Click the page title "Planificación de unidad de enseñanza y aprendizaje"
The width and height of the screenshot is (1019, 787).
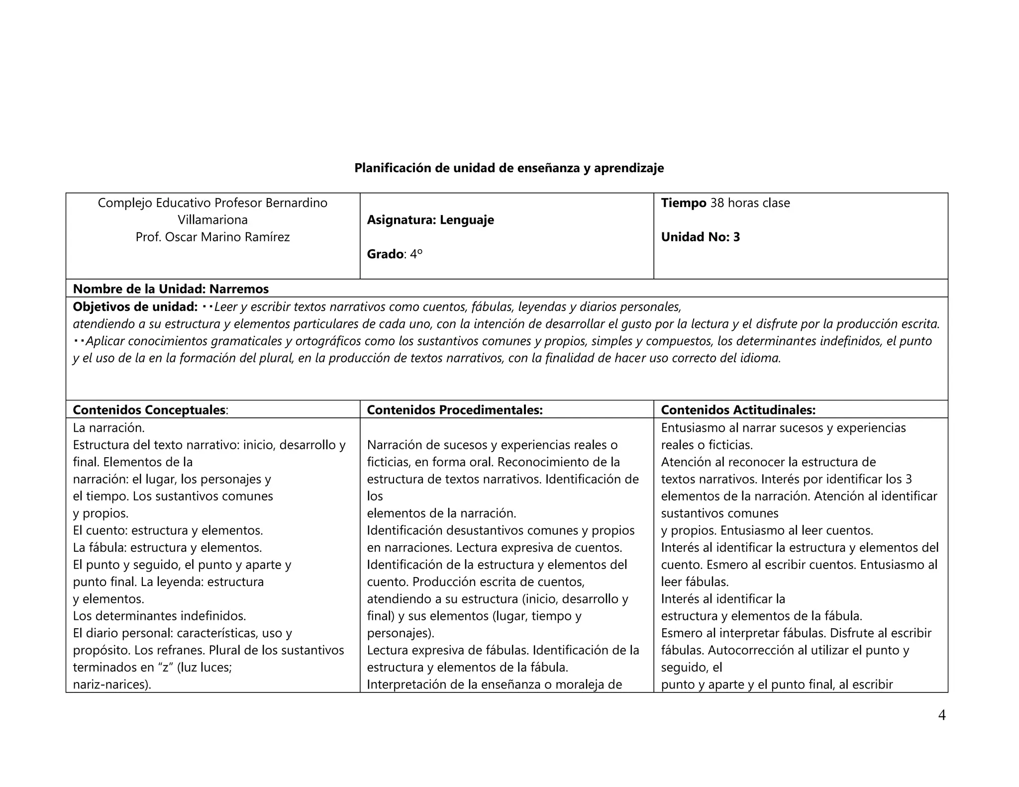509,168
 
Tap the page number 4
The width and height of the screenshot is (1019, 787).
941,715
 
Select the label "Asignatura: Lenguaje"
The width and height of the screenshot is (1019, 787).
430,220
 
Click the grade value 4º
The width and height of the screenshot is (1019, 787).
416,254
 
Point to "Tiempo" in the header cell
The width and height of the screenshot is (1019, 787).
683,203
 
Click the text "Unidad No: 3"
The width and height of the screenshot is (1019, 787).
700,237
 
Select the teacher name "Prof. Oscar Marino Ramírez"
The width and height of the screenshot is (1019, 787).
212,237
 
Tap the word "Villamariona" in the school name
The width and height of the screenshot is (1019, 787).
212,220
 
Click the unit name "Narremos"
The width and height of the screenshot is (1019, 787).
239,289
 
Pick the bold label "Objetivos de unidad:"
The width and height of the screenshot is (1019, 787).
135,306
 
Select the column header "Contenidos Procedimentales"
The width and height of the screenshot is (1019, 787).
454,410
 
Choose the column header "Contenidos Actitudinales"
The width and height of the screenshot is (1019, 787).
738,410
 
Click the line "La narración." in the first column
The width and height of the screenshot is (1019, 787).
108,428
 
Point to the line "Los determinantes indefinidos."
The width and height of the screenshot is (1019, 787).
159,616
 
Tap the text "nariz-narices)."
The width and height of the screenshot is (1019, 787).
112,685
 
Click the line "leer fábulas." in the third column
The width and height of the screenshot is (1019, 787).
695,582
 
